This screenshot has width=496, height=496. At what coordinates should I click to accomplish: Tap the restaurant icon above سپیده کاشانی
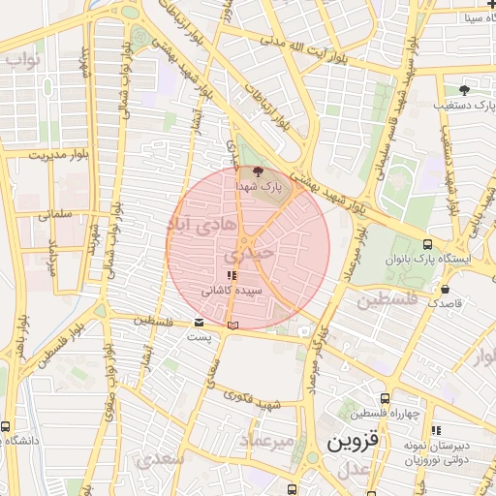coord(230,276)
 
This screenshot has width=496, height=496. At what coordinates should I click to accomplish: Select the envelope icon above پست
coord(199,322)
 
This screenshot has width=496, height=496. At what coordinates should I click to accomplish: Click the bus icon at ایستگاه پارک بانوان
coord(427,244)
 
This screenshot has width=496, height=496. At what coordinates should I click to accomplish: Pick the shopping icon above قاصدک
coord(445,289)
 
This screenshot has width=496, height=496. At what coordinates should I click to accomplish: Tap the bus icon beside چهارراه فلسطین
coord(386,398)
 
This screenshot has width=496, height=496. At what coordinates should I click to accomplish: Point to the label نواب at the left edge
coord(21,60)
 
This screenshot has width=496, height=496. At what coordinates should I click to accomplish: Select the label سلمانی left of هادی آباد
coord(58,216)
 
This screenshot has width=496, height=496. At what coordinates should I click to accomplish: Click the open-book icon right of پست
coord(231,325)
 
